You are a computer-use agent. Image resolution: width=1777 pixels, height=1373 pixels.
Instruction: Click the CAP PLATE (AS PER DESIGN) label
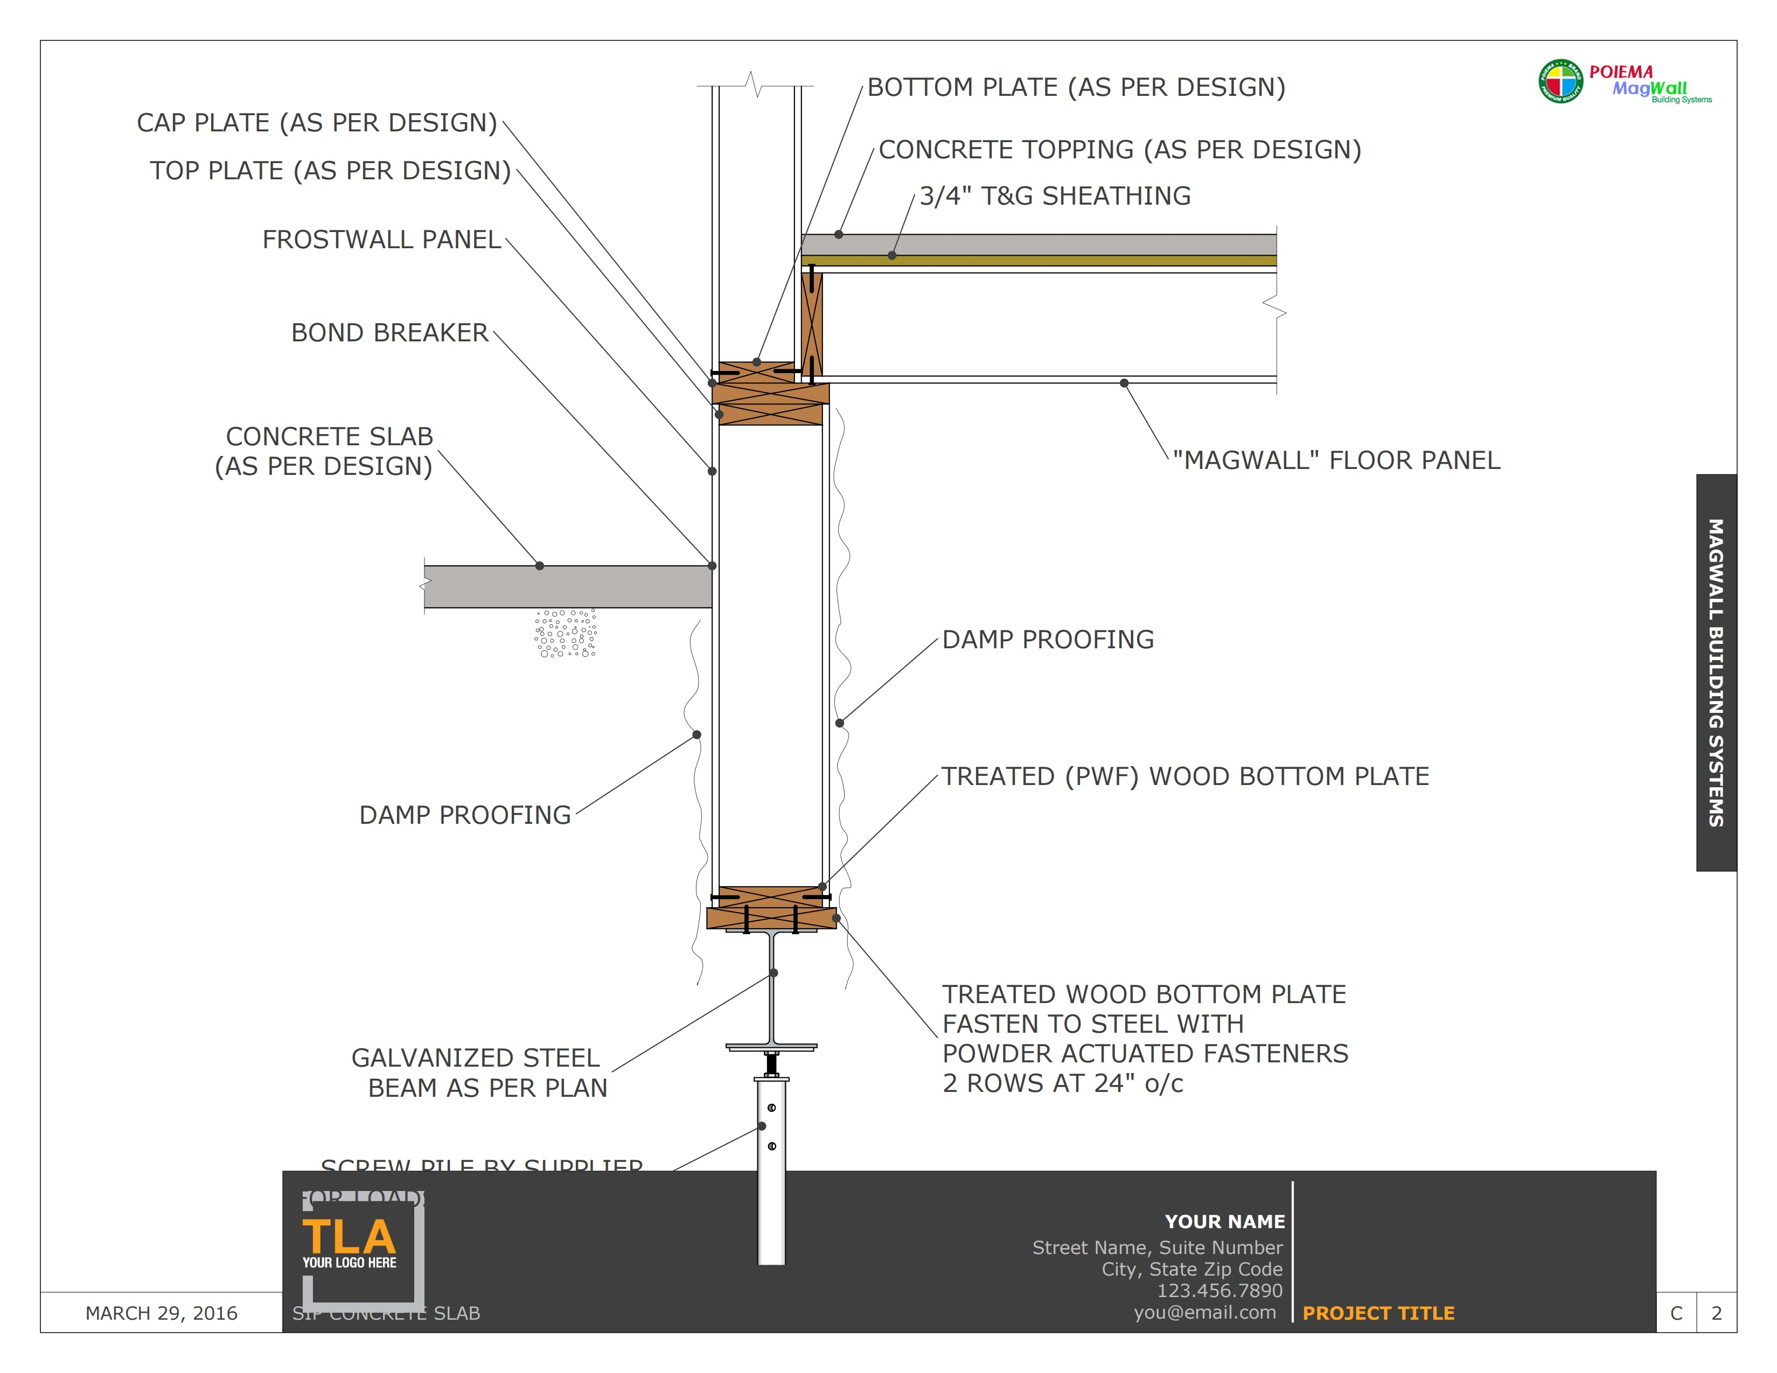317,123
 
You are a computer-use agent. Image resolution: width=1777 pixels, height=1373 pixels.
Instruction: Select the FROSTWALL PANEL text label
381,240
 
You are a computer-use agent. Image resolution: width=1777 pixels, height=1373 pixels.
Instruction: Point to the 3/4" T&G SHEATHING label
1055,196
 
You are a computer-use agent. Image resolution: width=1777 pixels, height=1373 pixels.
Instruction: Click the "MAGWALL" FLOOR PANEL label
1336,460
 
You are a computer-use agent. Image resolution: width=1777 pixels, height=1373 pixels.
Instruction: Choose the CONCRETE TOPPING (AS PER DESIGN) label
1119,150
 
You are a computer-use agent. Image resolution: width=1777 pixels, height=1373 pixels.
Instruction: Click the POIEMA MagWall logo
1624,83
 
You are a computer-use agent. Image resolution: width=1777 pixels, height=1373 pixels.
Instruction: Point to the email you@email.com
1204,1312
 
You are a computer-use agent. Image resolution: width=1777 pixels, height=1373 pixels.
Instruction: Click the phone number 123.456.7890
1219,1290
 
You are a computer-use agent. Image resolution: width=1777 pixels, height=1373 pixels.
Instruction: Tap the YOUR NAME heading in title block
1224,1221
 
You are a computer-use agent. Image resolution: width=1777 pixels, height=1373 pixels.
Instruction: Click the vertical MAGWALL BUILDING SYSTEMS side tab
1716,672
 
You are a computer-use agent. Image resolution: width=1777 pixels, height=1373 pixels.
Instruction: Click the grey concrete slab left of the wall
567,586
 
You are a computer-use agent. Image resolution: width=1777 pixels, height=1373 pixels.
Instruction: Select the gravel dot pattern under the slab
566,633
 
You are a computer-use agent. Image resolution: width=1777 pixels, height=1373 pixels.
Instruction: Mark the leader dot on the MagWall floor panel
1124,383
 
